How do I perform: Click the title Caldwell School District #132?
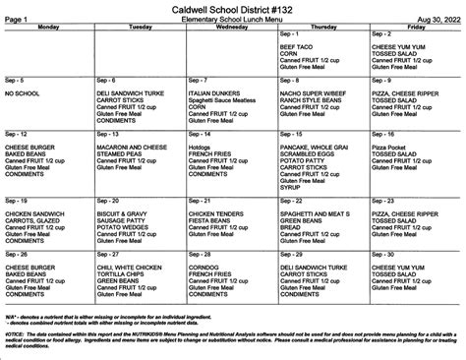pos(233,9)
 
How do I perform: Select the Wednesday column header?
pos(232,28)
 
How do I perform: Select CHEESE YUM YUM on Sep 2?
pos(396,46)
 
